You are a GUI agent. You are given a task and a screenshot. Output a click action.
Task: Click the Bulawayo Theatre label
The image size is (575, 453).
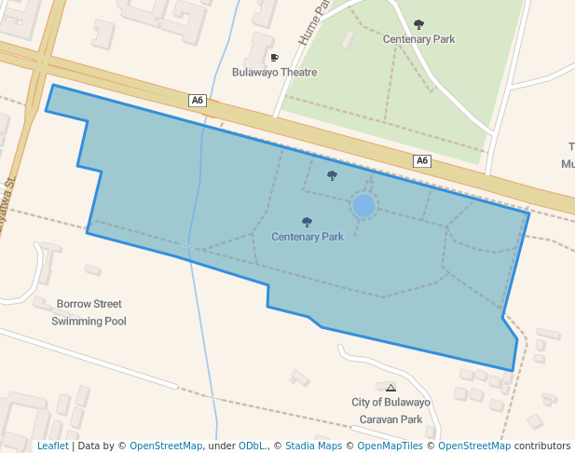(275, 72)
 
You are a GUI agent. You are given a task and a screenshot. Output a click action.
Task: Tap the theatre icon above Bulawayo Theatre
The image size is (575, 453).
(274, 58)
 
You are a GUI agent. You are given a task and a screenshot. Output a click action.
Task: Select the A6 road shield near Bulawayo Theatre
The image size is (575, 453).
(197, 100)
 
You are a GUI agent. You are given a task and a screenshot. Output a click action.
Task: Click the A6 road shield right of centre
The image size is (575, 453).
(422, 160)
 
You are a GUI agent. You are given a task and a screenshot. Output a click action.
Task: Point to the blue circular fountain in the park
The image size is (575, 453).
(363, 205)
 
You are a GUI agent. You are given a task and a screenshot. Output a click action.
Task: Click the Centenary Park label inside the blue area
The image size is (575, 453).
(308, 237)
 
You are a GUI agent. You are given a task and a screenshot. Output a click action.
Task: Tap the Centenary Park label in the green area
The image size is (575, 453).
(418, 39)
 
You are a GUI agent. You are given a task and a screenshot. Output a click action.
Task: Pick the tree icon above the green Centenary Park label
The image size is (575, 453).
(418, 25)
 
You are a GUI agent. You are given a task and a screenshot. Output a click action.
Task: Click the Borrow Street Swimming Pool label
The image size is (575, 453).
(89, 312)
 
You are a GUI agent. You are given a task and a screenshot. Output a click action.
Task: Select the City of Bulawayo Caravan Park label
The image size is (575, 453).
(390, 410)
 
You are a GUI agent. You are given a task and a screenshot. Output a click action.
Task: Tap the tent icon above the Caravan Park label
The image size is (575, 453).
(390, 388)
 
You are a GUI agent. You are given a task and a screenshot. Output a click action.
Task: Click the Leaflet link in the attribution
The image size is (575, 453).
(52, 446)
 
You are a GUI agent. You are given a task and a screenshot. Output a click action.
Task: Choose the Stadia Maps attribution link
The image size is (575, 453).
(313, 446)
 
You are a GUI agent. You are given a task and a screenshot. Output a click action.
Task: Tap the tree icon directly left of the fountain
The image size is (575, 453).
(332, 175)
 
